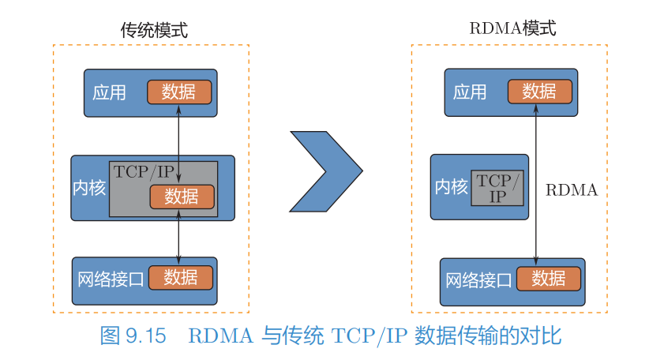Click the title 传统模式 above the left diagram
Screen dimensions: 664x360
click(x=154, y=30)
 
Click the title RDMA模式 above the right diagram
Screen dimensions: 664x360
click(x=512, y=28)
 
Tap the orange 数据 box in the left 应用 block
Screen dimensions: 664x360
click(x=179, y=92)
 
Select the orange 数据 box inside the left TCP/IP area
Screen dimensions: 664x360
click(x=182, y=197)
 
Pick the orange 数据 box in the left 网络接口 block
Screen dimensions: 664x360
click(x=181, y=278)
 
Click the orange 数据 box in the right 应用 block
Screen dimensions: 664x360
click(x=540, y=92)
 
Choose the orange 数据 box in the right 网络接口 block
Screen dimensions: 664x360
click(x=549, y=279)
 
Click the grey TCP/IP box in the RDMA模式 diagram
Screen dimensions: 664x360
click(x=497, y=188)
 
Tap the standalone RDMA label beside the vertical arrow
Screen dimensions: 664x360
click(x=572, y=190)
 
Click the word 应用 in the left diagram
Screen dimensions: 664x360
click(x=109, y=92)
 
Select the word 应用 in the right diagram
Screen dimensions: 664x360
click(x=470, y=92)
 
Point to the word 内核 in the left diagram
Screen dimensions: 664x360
click(x=89, y=188)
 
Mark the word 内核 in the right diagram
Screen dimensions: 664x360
click(x=452, y=187)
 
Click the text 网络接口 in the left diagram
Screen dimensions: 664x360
click(x=111, y=279)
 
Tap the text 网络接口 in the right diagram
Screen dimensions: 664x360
click(x=478, y=280)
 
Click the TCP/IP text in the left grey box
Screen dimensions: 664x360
click(x=144, y=172)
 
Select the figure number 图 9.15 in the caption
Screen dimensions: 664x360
click(x=133, y=336)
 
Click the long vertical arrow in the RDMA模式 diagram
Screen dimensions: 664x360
click(x=536, y=185)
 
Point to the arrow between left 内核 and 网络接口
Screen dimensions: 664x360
click(x=178, y=237)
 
